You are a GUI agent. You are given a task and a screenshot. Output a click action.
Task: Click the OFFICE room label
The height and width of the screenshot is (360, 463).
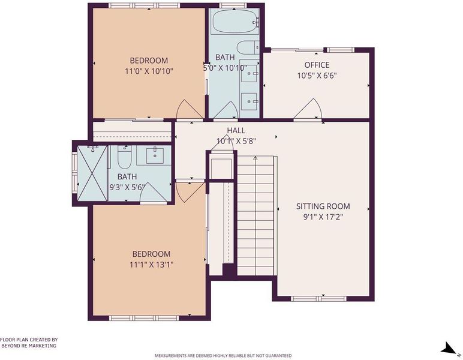(x=317, y=65)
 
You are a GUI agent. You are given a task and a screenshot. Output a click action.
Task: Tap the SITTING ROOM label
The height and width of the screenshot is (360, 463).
(x=323, y=206)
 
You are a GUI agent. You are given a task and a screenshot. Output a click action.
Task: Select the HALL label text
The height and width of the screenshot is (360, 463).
(x=236, y=130)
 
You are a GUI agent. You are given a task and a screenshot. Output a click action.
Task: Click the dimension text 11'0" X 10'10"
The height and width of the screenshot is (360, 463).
(x=149, y=71)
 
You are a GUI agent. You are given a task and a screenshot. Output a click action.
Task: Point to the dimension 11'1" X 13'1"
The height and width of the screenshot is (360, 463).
(x=151, y=265)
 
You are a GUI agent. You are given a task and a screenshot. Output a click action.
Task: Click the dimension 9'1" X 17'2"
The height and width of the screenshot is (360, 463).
(x=323, y=217)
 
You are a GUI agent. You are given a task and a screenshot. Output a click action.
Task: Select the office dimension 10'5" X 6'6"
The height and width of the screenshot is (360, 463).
(x=317, y=76)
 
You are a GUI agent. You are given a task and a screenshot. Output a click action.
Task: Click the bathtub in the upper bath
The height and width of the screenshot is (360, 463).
(x=235, y=21)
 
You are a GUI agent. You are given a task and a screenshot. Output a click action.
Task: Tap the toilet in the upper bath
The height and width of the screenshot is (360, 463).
(x=248, y=47)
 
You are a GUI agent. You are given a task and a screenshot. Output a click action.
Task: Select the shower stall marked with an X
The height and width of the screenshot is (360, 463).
(x=92, y=173)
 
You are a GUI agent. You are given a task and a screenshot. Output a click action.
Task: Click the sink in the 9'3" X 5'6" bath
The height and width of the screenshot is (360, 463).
(x=155, y=155)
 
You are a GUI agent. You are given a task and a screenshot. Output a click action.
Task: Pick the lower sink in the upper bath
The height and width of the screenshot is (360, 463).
(x=249, y=101)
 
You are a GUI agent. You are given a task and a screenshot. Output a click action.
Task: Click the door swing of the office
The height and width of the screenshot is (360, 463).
(x=308, y=109)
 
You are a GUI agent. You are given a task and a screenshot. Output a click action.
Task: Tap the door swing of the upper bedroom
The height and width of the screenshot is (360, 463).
(x=190, y=109)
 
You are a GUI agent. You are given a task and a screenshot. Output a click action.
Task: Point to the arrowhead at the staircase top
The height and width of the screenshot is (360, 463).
(x=255, y=158)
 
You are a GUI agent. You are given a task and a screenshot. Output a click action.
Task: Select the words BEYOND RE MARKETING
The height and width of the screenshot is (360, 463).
(x=29, y=346)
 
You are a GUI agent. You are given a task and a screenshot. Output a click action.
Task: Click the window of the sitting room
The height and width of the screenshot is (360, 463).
(x=318, y=299)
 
